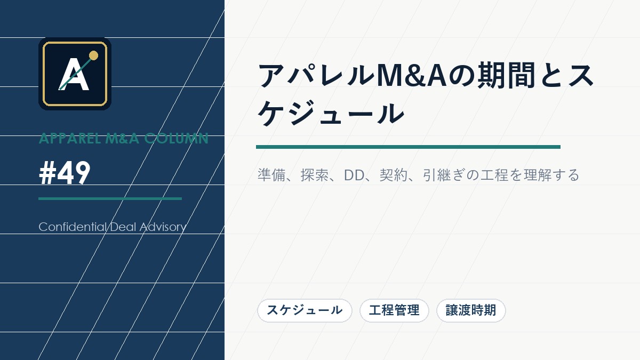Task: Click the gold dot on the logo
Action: (93, 55)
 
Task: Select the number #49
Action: (65, 173)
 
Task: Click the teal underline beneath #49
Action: (110, 198)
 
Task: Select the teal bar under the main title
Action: (408, 147)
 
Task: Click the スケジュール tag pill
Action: (305, 310)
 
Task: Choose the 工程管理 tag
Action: (394, 310)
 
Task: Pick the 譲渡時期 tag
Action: (471, 310)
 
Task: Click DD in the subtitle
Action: (354, 175)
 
